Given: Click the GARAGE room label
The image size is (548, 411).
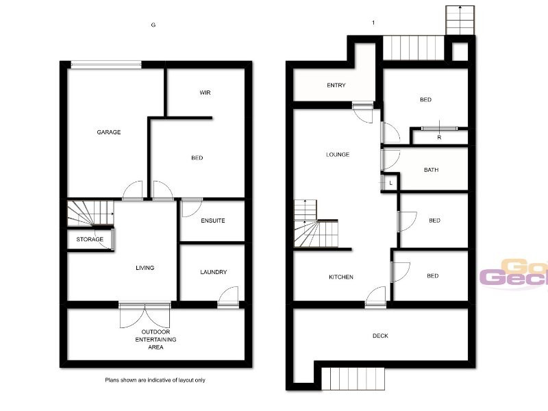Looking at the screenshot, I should pos(108,132).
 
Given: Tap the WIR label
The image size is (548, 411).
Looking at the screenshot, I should pos(204,92).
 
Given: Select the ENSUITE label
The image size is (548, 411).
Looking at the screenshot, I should pos(213,221).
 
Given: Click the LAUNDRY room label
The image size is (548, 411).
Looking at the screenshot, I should pos(213,272).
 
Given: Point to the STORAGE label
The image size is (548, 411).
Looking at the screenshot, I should pos(90,239).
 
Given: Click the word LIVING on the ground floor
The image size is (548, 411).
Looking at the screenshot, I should pos(145,268).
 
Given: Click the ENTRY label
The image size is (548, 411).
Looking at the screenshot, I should pos(336,86).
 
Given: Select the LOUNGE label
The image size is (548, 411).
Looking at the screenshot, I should pos(338,155).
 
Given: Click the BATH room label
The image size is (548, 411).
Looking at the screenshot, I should pos(431,170).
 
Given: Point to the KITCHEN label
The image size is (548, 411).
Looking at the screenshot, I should pos(341,277).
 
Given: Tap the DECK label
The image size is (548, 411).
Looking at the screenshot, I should pos(380,336).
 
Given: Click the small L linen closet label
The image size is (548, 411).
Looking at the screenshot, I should pos(390,183).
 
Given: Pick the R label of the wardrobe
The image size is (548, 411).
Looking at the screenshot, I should pos(439,138).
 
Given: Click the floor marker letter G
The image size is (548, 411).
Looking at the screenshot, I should pos(153,25).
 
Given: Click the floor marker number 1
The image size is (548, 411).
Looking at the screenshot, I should pos(373,23).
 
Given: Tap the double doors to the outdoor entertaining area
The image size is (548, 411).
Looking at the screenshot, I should pos(145,314).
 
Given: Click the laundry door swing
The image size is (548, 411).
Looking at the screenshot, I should pos(228,297).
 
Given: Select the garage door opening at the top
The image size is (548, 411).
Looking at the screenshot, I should pos(105,65).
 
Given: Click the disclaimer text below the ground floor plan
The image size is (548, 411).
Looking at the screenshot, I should pos(155,379).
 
